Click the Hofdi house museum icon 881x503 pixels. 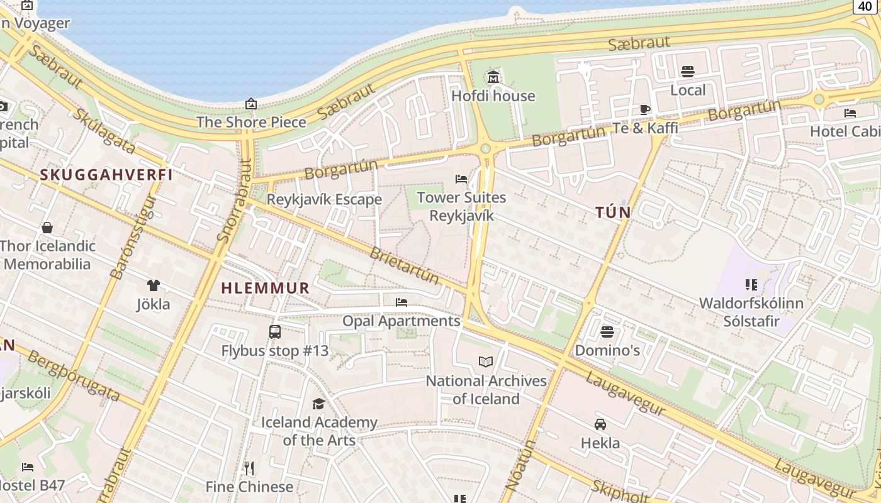[493, 77]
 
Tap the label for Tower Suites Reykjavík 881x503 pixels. [461, 206]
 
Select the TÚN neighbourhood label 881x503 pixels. [613, 213]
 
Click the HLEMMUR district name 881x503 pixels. [265, 289]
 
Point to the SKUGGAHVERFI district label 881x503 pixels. [106, 175]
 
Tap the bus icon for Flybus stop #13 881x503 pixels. [275, 331]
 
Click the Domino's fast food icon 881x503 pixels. [607, 331]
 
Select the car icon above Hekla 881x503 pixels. [600, 424]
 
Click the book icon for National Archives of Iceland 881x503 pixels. [486, 362]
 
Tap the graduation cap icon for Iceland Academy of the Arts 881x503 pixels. [319, 404]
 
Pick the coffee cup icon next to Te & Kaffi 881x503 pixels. [645, 109]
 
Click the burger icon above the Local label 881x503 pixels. [688, 72]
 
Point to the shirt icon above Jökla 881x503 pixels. [154, 285]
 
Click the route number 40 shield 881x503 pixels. [866, 6]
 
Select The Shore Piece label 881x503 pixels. [251, 122]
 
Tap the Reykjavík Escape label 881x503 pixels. [324, 199]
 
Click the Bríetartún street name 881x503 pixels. [404, 265]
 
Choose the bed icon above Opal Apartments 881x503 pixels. [401, 302]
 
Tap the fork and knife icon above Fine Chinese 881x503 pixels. [249, 468]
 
